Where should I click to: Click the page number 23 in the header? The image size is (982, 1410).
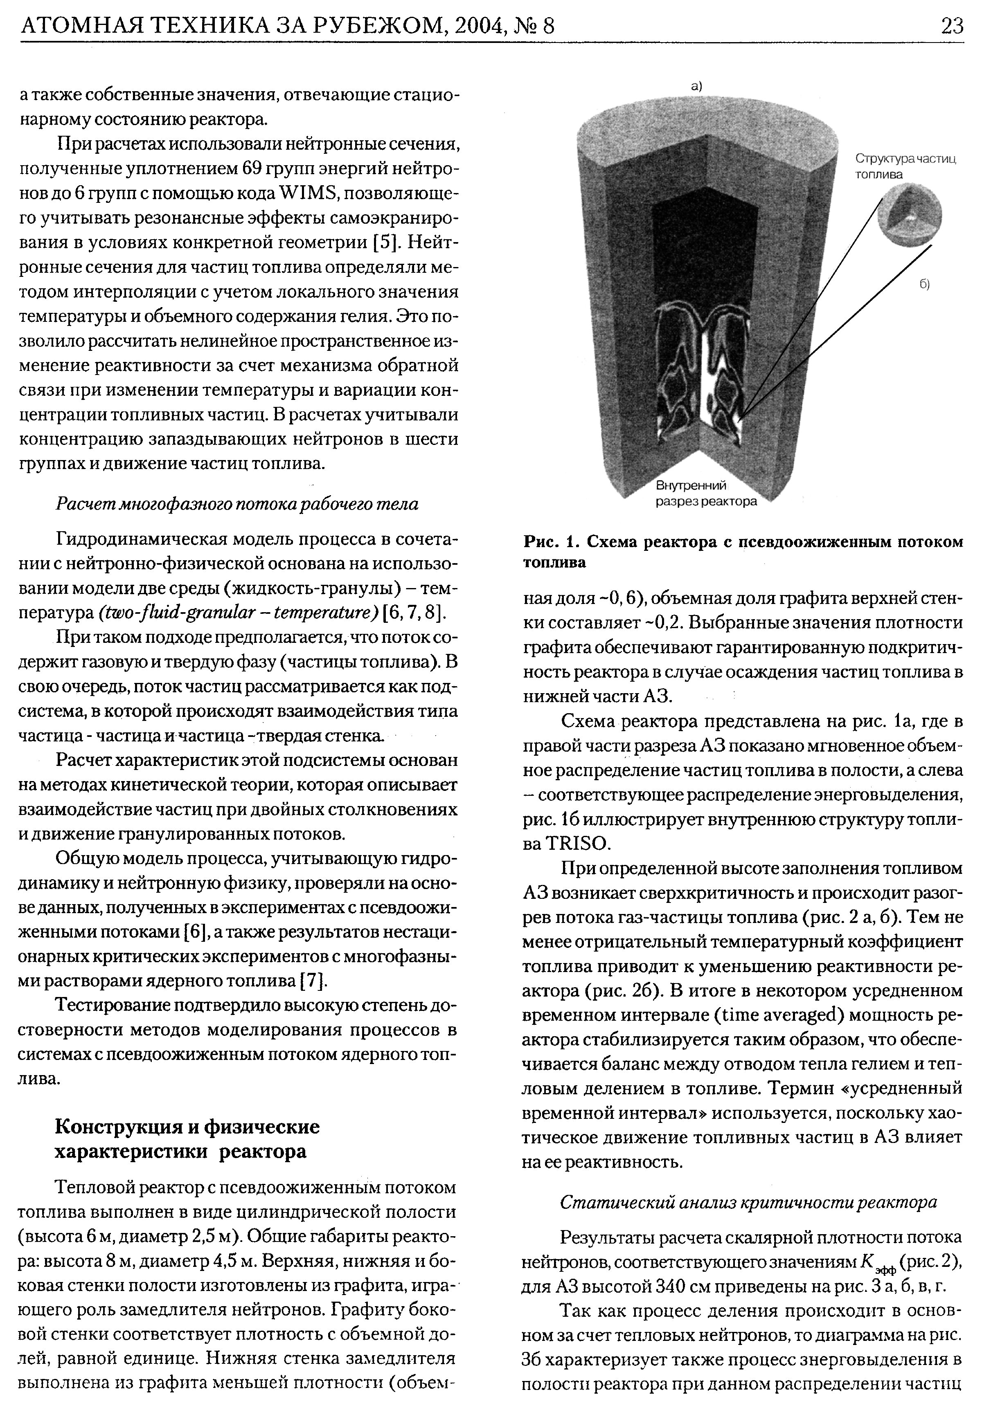(x=951, y=25)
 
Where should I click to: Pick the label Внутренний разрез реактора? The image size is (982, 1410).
(x=705, y=494)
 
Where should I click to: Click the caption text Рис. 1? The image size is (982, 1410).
(x=552, y=542)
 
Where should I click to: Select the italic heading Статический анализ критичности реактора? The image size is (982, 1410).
(x=748, y=1202)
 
